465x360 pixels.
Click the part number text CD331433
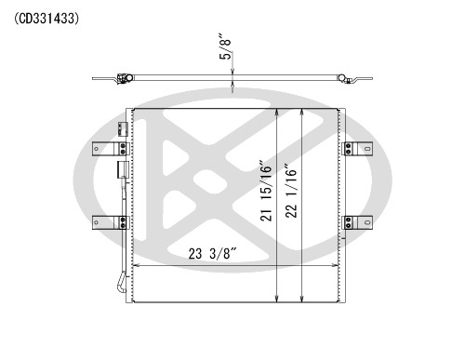click(x=46, y=18)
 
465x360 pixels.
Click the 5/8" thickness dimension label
click(x=223, y=47)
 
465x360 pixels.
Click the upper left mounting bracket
click(x=110, y=148)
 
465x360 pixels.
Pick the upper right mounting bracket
click(x=358, y=148)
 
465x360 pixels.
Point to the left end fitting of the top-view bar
click(x=118, y=81)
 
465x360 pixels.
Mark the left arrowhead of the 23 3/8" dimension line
click(x=138, y=266)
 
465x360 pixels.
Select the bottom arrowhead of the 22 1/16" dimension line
click(x=302, y=300)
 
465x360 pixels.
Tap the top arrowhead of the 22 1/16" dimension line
click(x=302, y=111)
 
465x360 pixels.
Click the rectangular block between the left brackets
click(x=121, y=170)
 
